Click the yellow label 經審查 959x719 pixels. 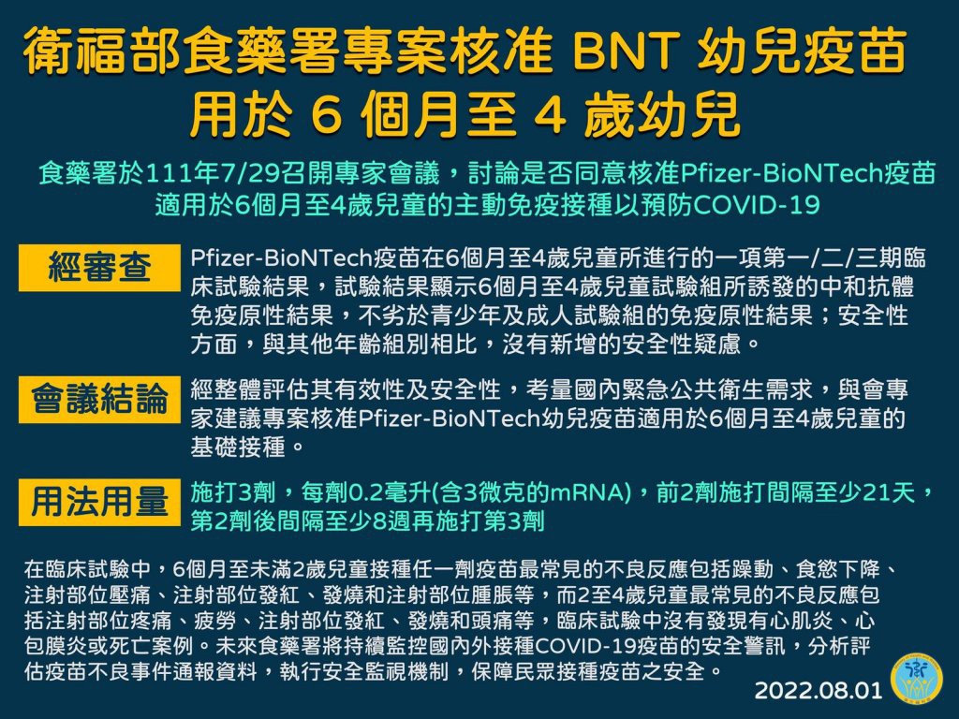[x=99, y=268]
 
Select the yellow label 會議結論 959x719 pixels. [x=99, y=400]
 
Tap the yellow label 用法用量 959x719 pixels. [x=99, y=502]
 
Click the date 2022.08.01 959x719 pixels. [x=819, y=691]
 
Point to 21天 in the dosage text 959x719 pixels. [x=888, y=492]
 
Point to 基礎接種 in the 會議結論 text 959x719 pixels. [x=238, y=448]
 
